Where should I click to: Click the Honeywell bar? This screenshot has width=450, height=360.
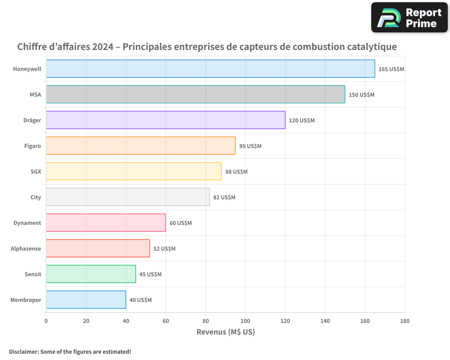point(210,69)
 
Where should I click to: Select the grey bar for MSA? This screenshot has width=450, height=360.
point(195,94)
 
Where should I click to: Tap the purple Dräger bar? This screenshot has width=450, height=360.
point(166,120)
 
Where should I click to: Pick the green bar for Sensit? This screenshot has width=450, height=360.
point(91,274)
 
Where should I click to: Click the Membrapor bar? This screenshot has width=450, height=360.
point(86,300)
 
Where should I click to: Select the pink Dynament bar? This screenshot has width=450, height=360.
point(106,223)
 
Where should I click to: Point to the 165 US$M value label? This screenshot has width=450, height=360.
point(391,69)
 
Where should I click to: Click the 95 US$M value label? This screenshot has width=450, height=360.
point(250,146)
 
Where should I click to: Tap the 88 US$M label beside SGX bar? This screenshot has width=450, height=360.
point(236,172)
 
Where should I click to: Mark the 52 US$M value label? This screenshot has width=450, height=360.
point(164,249)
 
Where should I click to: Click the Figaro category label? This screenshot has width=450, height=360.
point(32,146)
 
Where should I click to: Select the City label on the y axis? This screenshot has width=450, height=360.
point(36,197)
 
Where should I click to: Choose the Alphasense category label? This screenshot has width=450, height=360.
point(26,248)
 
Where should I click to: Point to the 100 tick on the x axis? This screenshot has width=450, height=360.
point(245,321)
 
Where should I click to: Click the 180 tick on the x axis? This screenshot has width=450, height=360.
point(405,321)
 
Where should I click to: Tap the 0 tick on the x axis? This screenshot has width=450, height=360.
point(46,321)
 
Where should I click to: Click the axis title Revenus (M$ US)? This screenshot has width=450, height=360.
point(225,332)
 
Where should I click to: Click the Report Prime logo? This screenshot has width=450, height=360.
point(409,18)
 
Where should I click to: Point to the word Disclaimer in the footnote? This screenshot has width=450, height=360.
point(23,351)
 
